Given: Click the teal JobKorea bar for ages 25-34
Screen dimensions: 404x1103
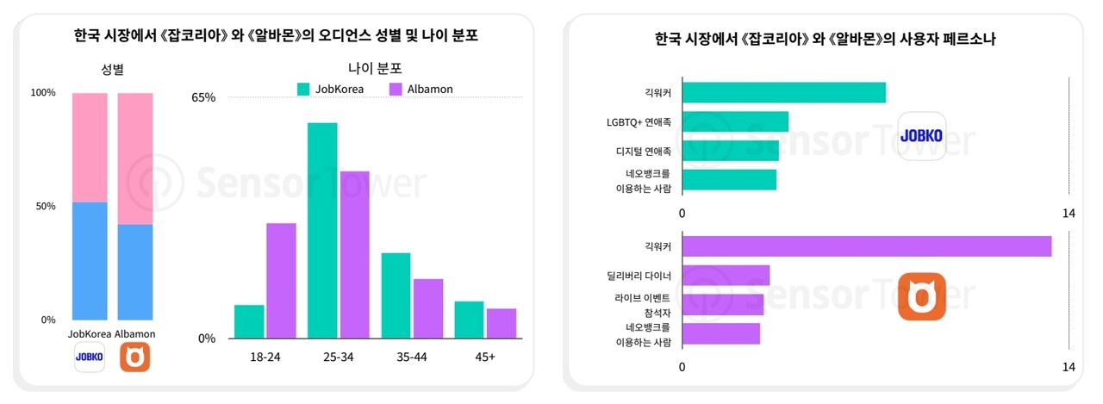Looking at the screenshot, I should (x=322, y=230).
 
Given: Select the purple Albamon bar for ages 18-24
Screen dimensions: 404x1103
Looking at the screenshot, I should (x=281, y=280).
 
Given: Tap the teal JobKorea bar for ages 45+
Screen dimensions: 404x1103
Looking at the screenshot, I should (x=469, y=320).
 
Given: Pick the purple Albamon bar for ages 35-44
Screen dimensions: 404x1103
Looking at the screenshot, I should (x=427, y=308).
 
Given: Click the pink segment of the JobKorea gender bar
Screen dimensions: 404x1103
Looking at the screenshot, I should (x=90, y=147).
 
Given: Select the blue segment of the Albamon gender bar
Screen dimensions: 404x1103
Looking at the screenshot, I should (x=134, y=272).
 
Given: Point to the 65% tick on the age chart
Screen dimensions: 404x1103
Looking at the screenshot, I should (x=203, y=97).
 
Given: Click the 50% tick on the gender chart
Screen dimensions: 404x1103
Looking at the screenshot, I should (x=43, y=207).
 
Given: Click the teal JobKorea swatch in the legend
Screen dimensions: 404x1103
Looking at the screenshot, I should (x=303, y=89).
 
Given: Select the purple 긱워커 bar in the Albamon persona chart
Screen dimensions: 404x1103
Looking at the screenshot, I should (x=866, y=246).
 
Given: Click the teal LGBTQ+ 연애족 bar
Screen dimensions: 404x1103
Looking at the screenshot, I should (x=735, y=121).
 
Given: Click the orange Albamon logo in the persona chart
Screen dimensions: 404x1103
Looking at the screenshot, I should (x=921, y=296).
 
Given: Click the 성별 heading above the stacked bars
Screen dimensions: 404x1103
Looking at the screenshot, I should (x=113, y=69).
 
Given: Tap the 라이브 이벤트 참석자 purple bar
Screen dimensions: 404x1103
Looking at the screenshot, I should (x=722, y=304).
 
